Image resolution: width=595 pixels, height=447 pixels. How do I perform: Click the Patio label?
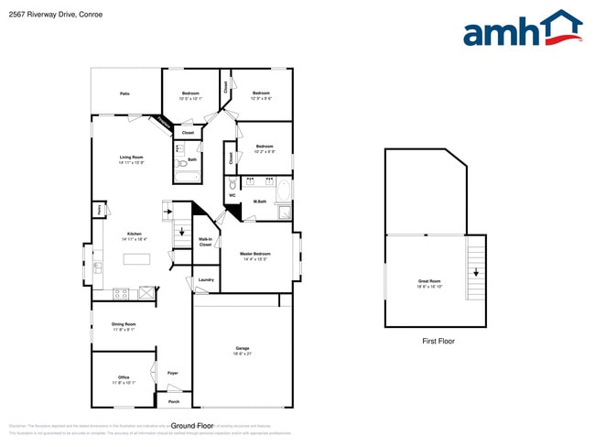pyautogui.click(x=124, y=93)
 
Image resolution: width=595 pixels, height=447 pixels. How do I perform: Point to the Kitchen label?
pyautogui.click(x=135, y=235)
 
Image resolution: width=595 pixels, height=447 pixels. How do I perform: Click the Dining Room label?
pyautogui.click(x=124, y=325)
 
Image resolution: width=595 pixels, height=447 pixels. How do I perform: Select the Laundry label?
pyautogui.click(x=206, y=279)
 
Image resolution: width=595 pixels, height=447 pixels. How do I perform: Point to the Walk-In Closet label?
pyautogui.click(x=206, y=242)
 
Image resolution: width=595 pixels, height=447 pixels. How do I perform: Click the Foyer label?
pyautogui.click(x=172, y=373)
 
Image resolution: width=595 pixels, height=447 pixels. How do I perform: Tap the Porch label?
pyautogui.click(x=174, y=401)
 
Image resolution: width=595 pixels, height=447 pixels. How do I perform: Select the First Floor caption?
pyautogui.click(x=438, y=341)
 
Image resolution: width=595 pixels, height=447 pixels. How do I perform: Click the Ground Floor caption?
pyautogui.click(x=192, y=426)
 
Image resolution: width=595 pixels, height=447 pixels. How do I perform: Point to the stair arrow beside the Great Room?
pyautogui.click(x=476, y=271)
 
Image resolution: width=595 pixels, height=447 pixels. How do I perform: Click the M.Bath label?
pyautogui.click(x=260, y=202)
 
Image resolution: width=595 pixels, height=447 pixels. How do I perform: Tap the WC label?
pyautogui.click(x=232, y=195)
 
